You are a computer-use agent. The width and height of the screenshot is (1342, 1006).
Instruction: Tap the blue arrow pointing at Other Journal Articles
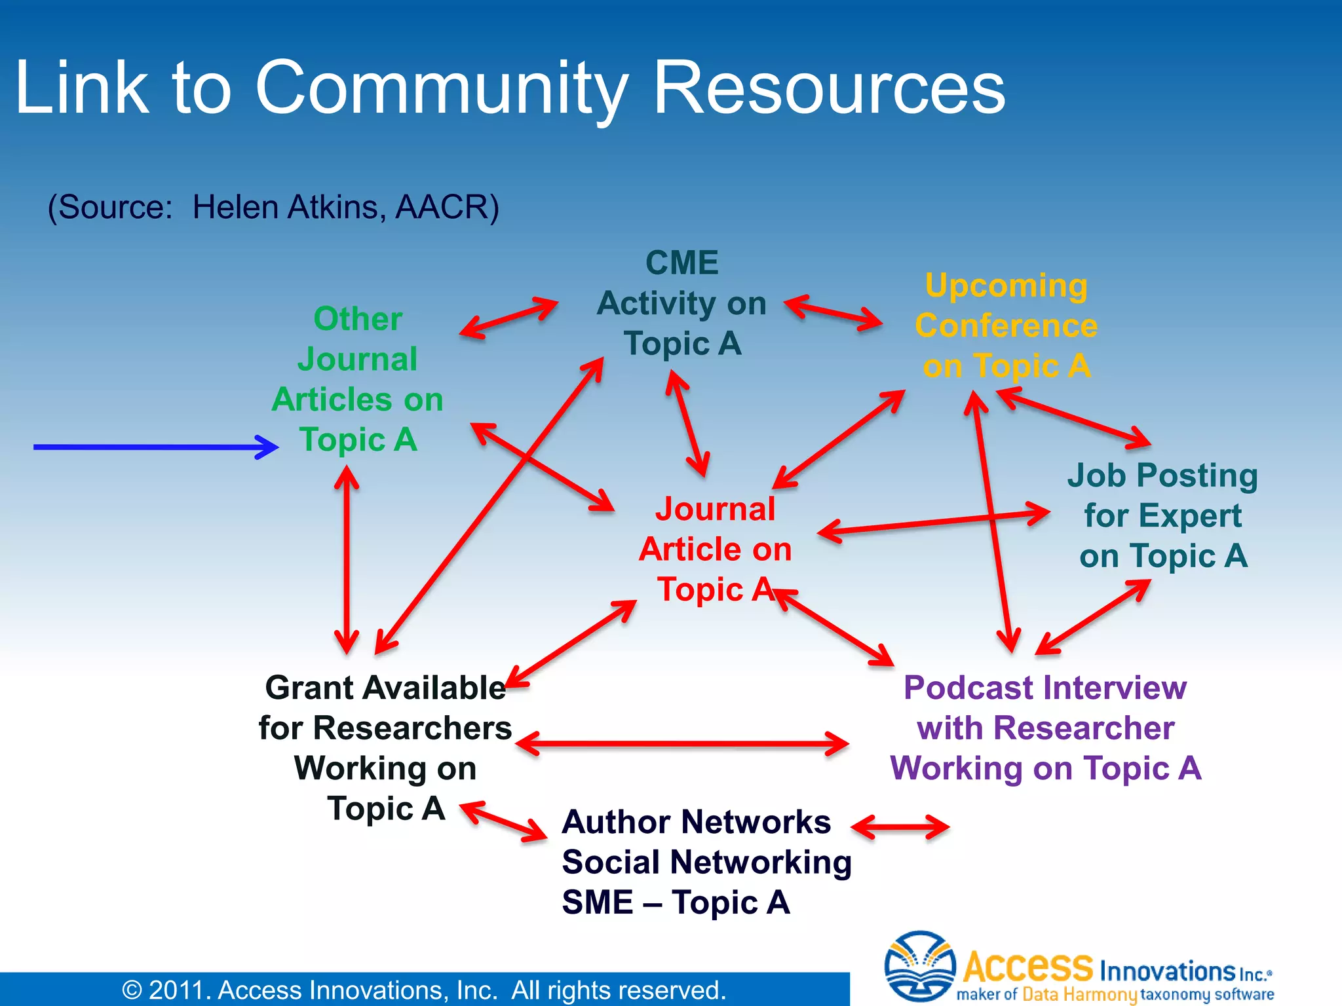[156, 447]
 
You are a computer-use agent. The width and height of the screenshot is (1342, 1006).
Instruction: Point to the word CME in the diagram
[681, 263]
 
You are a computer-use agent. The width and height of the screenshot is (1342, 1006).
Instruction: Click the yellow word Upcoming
[1006, 286]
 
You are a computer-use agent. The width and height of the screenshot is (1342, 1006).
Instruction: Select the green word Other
[358, 320]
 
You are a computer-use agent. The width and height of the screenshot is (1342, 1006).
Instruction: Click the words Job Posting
[1162, 475]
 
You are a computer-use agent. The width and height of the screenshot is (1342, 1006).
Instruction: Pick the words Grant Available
[385, 688]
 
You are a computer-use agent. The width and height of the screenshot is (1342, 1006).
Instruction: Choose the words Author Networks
[697, 822]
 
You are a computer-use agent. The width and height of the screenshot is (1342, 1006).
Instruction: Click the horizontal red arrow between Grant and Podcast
[682, 743]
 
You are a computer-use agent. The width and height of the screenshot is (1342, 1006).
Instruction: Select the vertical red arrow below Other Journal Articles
[347, 560]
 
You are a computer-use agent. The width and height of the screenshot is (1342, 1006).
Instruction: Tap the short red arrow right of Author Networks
[900, 827]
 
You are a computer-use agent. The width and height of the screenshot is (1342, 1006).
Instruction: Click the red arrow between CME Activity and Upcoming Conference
[834, 312]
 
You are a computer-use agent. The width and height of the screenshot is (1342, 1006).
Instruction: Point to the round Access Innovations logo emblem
[919, 966]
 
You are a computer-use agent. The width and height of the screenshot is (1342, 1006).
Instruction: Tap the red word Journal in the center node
[715, 509]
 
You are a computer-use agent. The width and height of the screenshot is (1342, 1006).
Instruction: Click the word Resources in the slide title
[829, 88]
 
